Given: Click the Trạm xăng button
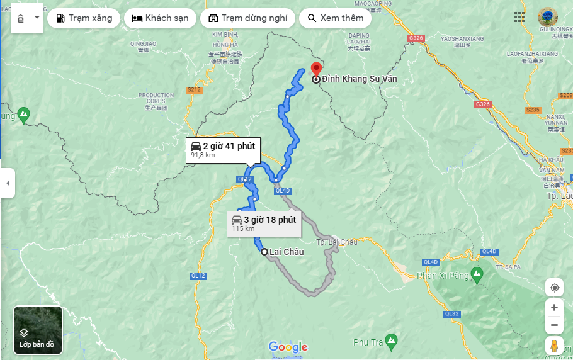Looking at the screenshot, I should pyautogui.click(x=84, y=18).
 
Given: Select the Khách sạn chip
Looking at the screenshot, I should pyautogui.click(x=160, y=18).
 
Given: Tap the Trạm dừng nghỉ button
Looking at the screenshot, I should pyautogui.click(x=247, y=18).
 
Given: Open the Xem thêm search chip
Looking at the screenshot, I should pyautogui.click(x=335, y=18).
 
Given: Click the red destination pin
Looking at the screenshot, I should pyautogui.click(x=317, y=70).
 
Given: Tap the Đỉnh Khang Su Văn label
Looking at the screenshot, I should pyautogui.click(x=359, y=79).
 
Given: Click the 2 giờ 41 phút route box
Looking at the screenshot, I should pyautogui.click(x=223, y=149).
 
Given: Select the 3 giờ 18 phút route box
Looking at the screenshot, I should pyautogui.click(x=263, y=223).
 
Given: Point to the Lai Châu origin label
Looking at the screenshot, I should pyautogui.click(x=286, y=252).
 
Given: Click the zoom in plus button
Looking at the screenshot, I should pyautogui.click(x=554, y=307).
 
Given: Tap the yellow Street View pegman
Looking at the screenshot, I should pyautogui.click(x=554, y=346).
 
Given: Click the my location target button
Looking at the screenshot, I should pyautogui.click(x=554, y=288).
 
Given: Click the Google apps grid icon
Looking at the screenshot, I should pyautogui.click(x=519, y=17).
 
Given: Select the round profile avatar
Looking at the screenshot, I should pyautogui.click(x=548, y=17).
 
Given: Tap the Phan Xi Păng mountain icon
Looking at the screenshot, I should pyautogui.click(x=477, y=274).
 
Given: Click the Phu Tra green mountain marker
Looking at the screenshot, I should pyautogui.click(x=391, y=340).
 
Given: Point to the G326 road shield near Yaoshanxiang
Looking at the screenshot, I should pyautogui.click(x=416, y=38).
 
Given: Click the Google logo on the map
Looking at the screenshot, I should pyautogui.click(x=288, y=347).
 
